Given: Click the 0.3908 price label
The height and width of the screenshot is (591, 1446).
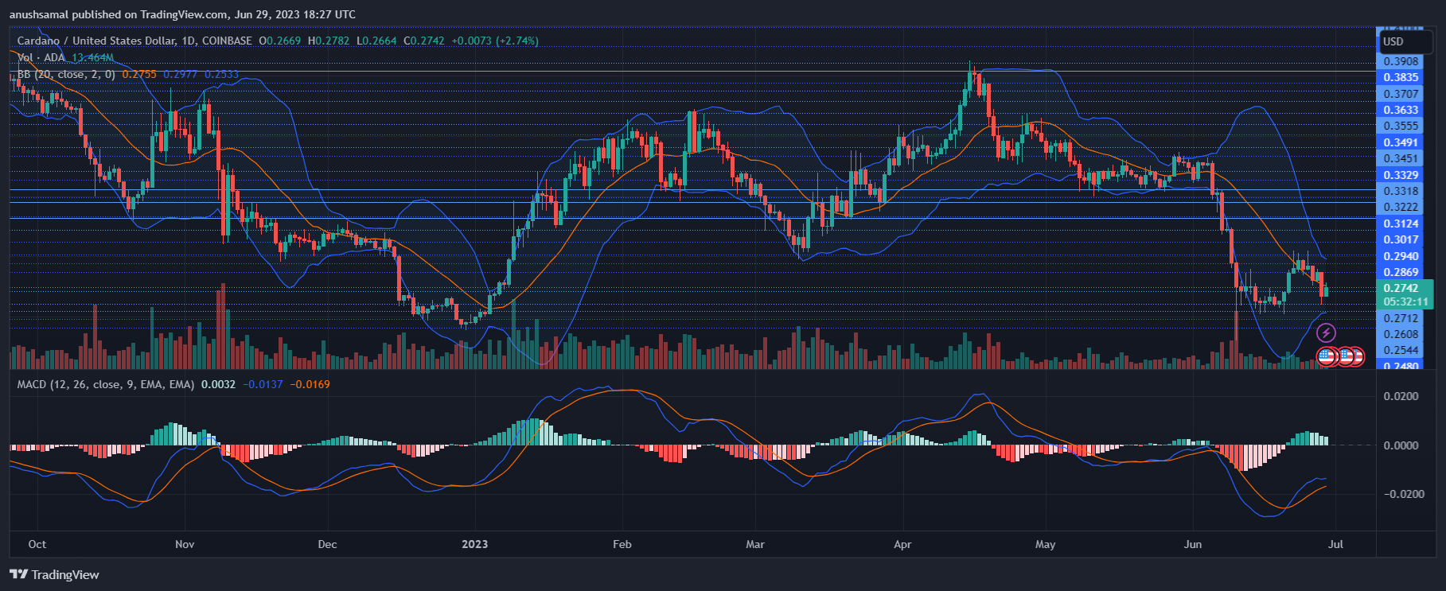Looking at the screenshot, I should pos(1401,61).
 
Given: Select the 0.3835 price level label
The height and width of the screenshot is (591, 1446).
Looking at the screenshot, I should pos(1401,77).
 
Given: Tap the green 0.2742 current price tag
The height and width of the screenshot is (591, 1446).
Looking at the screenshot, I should pos(1401,288).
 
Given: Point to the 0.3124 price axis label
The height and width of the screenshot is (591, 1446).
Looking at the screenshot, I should pos(1401,224).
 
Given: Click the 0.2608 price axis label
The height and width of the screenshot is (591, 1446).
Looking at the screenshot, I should pos(1401,334).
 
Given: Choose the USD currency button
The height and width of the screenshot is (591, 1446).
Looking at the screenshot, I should pos(1393,41).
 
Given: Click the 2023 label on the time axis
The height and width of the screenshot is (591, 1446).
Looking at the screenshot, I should pos(475,544).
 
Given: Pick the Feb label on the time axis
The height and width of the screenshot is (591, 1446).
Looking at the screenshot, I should pos(622,544).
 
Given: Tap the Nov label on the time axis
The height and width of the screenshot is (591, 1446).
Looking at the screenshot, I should pos(185,544).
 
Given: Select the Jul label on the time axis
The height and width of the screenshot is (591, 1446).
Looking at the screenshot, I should pos(1336,544).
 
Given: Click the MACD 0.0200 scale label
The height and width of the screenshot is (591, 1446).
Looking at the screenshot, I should pos(1401,396).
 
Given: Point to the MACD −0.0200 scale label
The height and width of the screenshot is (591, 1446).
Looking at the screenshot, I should pos(1400,494).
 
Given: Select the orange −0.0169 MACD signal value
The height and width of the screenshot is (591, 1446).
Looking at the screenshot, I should pos(310,384).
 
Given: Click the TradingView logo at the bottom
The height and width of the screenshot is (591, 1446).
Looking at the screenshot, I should pos(55,574).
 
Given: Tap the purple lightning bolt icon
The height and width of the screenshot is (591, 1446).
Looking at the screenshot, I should pos(1327,332).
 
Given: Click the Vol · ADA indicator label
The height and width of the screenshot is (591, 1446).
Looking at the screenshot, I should pos(41,57).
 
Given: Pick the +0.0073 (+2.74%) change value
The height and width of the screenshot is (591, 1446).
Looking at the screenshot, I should pos(494,41).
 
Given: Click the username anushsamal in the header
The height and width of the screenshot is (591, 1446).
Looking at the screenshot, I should pos(38,14).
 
